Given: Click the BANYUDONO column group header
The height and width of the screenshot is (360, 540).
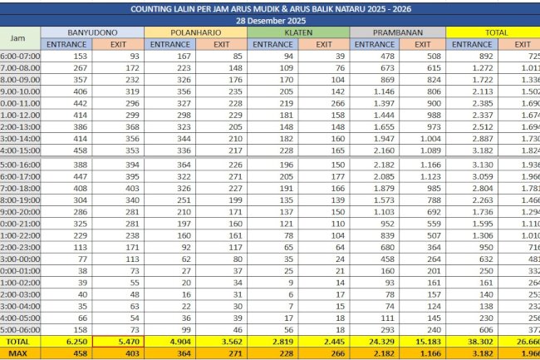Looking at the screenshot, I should (x=92, y=32).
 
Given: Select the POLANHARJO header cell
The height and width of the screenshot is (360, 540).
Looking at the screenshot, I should (x=196, y=32).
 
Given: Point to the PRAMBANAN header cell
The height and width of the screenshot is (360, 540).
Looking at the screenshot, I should (x=398, y=32).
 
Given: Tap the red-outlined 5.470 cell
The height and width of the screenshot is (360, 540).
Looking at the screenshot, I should (x=116, y=341).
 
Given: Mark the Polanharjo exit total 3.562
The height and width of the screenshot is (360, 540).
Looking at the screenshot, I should (x=220, y=341).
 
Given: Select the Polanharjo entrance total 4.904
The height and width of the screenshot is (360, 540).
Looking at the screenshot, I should (x=170, y=341).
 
